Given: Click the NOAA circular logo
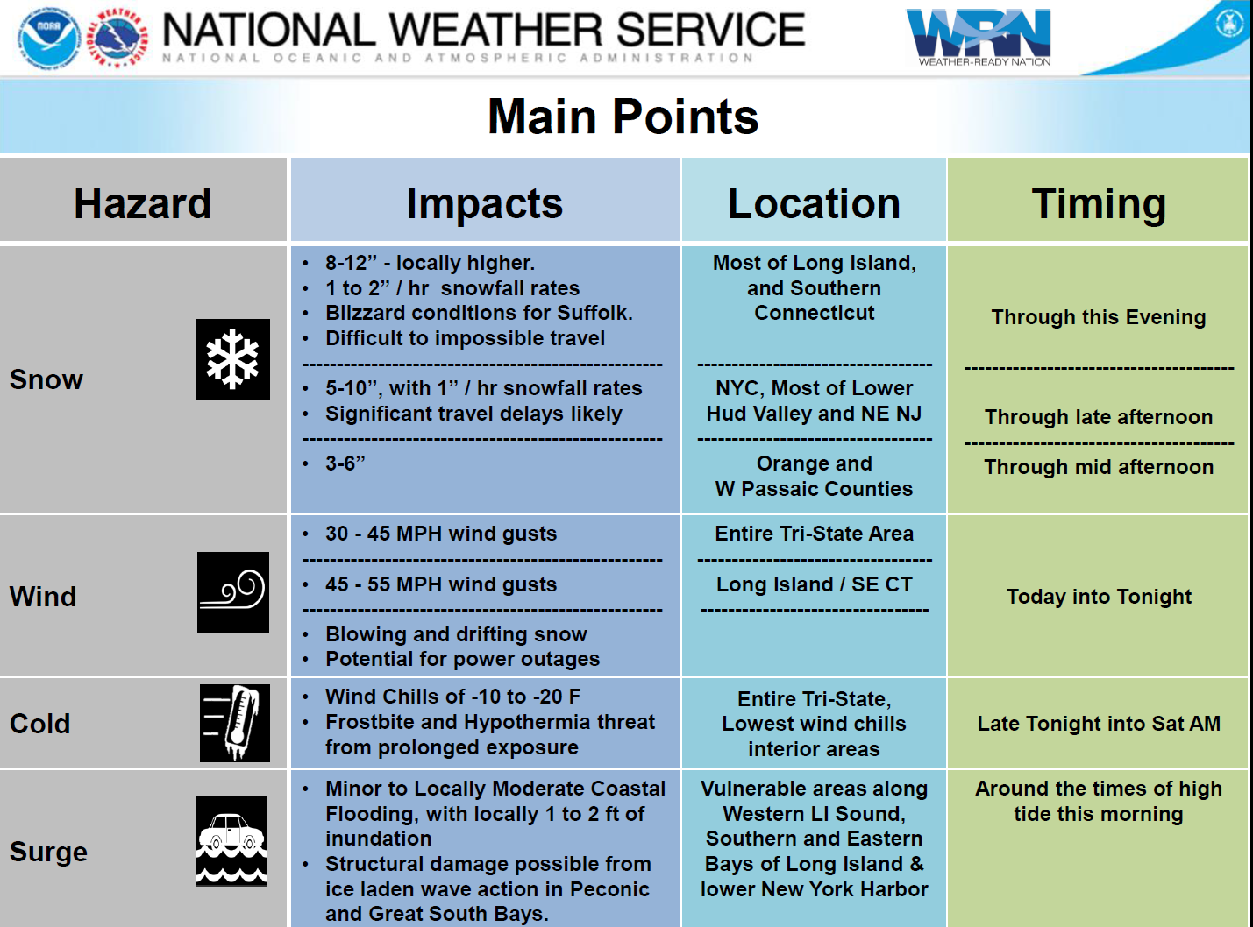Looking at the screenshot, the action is point(48,39).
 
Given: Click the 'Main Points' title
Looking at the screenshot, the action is point(623,116).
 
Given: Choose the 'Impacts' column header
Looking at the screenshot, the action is point(485,204).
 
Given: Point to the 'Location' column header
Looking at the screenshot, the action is point(814,203).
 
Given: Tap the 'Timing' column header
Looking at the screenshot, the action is point(1099,204).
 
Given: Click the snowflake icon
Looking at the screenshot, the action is point(232,359).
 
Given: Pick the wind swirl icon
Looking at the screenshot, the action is point(232,592).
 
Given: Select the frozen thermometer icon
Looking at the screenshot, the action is point(234,723).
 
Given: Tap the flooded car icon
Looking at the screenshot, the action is point(231,840).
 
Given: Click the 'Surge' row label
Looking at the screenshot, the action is point(48,853).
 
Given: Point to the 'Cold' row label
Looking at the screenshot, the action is point(40,723).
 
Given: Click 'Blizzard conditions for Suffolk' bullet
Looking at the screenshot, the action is point(479,313).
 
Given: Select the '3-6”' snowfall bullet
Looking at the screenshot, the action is point(345,463).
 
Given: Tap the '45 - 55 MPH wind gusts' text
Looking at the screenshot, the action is point(441,584).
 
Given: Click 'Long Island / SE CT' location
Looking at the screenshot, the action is point(814,584).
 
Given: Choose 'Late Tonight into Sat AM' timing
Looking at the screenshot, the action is point(1099,724).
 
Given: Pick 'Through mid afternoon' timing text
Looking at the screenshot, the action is point(1099,468).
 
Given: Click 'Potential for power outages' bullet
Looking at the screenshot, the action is point(463,659).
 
